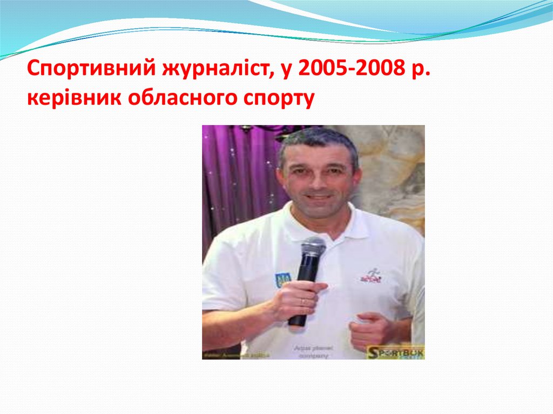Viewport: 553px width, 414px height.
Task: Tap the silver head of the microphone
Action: pos(313,248)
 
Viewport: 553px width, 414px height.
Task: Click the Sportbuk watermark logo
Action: pos(395,352)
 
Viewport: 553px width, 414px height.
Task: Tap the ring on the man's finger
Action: pos(302,301)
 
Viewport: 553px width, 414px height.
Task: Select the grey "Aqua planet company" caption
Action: pos(311,352)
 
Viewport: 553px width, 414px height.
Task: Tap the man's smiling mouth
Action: pos(320,198)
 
